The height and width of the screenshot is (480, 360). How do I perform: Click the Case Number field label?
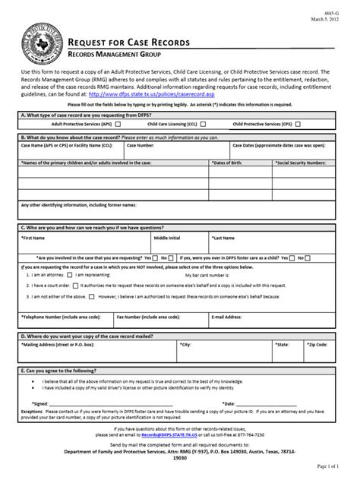[142, 144]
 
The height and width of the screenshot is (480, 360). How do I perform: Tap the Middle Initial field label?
[169, 237]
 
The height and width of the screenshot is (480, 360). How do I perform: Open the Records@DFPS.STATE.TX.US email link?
[169, 435]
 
